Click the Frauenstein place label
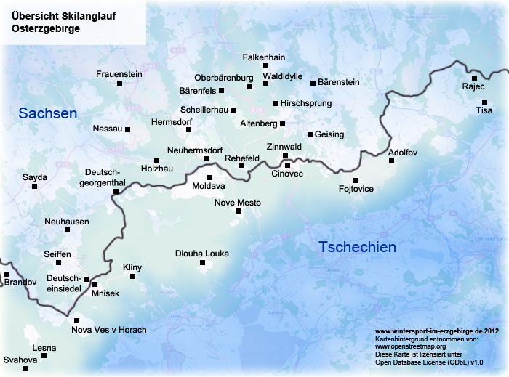click(119, 73)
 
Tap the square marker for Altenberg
click(283, 123)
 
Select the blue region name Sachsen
click(48, 113)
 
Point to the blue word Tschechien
click(358, 247)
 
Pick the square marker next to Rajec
click(474, 78)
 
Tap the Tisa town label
click(484, 110)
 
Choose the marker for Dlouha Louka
click(202, 262)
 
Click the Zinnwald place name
click(284, 147)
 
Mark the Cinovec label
click(287, 174)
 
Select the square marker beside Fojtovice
click(356, 180)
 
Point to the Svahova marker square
click(25, 369)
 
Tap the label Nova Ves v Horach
click(109, 330)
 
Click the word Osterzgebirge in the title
click(47, 28)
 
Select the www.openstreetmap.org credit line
click(410, 346)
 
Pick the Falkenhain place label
click(264, 57)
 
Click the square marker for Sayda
click(34, 186)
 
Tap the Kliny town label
click(132, 267)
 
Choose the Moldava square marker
click(209, 177)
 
